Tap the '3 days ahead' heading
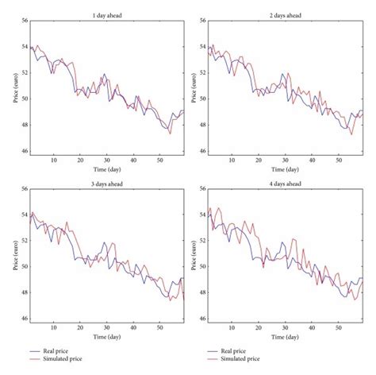[x=107, y=184]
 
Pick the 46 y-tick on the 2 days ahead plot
[x=202, y=151]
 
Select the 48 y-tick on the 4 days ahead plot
[x=202, y=293]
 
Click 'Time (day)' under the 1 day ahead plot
[x=107, y=169]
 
